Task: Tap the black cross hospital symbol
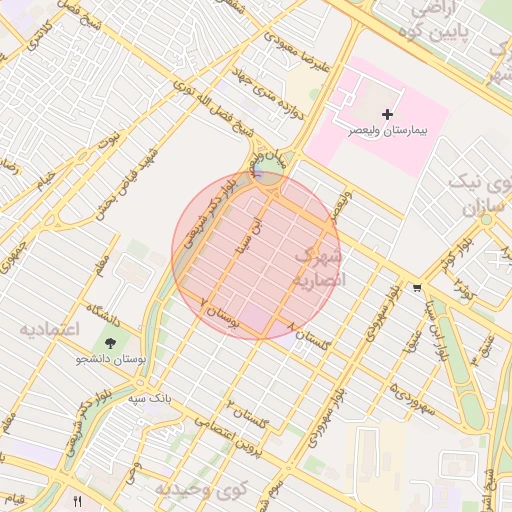388,116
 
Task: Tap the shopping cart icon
416,288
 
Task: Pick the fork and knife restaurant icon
77,499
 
